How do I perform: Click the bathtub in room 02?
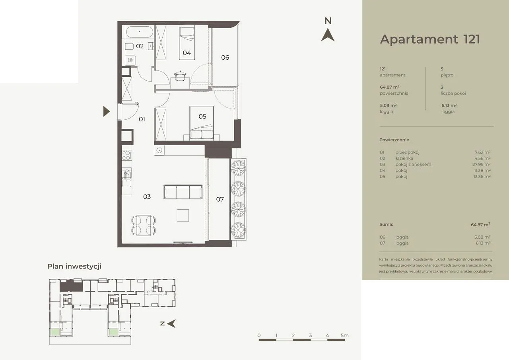coord(140,32)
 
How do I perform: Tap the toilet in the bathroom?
coord(129,47)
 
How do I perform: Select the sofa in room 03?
coord(183,192)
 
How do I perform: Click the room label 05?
coord(202,117)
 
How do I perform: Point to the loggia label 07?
coord(220,199)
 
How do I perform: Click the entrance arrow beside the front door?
coord(106,111)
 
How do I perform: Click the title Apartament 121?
coord(430,39)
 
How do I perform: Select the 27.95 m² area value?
coord(481,164)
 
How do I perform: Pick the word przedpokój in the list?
coord(407,152)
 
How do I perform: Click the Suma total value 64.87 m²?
coord(480,224)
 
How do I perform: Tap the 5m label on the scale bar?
coord(344,335)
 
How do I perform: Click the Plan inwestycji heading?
coord(74,267)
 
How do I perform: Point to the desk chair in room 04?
coord(181,76)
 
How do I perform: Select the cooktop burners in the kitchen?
coord(126,155)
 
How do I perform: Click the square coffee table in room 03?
coord(183,216)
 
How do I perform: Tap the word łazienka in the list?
coord(404,158)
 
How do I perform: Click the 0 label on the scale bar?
coord(259,335)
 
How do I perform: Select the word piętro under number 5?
coord(447,75)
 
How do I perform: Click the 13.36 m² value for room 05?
coord(482,176)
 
